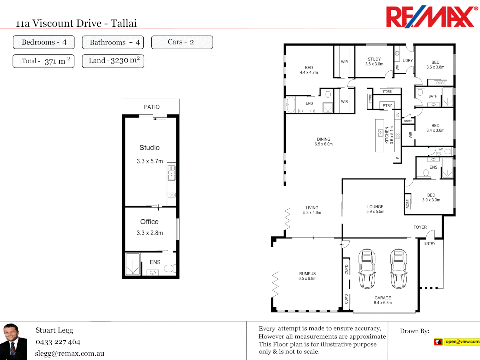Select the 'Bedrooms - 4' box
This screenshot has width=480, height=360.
pos(44,42)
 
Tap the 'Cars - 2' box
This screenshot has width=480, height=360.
pos(182,42)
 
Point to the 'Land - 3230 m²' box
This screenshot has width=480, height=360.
pos(113,61)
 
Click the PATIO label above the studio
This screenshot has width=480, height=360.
pos(152,107)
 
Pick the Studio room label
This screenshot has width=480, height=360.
pos(149,148)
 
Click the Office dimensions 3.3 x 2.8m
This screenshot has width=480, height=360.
pos(150,233)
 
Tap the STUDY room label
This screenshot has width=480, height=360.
pos(374,59)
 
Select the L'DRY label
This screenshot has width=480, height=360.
pos(407,61)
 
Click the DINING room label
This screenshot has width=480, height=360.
pos(324,139)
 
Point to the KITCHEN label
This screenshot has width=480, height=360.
pos(387,135)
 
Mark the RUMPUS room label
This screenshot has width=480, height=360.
pos(307,274)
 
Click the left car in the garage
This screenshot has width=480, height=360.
pos(367,268)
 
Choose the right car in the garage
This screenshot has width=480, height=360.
pos(399,268)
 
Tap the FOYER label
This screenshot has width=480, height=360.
pos(420,227)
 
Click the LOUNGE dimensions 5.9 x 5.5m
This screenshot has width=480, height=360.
pos(375,212)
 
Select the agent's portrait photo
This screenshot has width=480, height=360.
pos(13,341)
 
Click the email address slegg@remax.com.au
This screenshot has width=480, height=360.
pos(70,353)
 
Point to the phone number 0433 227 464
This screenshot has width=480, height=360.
pos(58,342)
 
